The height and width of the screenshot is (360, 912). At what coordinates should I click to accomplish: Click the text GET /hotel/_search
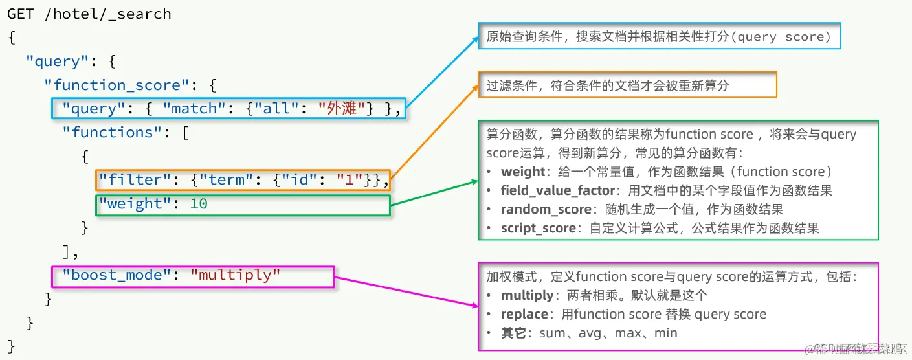[x=89, y=14]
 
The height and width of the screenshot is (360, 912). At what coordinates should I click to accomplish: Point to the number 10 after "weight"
[x=199, y=203]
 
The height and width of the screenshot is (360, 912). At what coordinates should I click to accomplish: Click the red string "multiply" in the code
[x=235, y=275]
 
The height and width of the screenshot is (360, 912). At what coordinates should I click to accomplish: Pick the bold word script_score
[x=539, y=229]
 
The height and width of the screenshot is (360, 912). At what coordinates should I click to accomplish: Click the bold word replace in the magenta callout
[x=524, y=315]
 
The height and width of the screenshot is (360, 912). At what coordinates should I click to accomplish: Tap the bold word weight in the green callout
[x=523, y=172]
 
